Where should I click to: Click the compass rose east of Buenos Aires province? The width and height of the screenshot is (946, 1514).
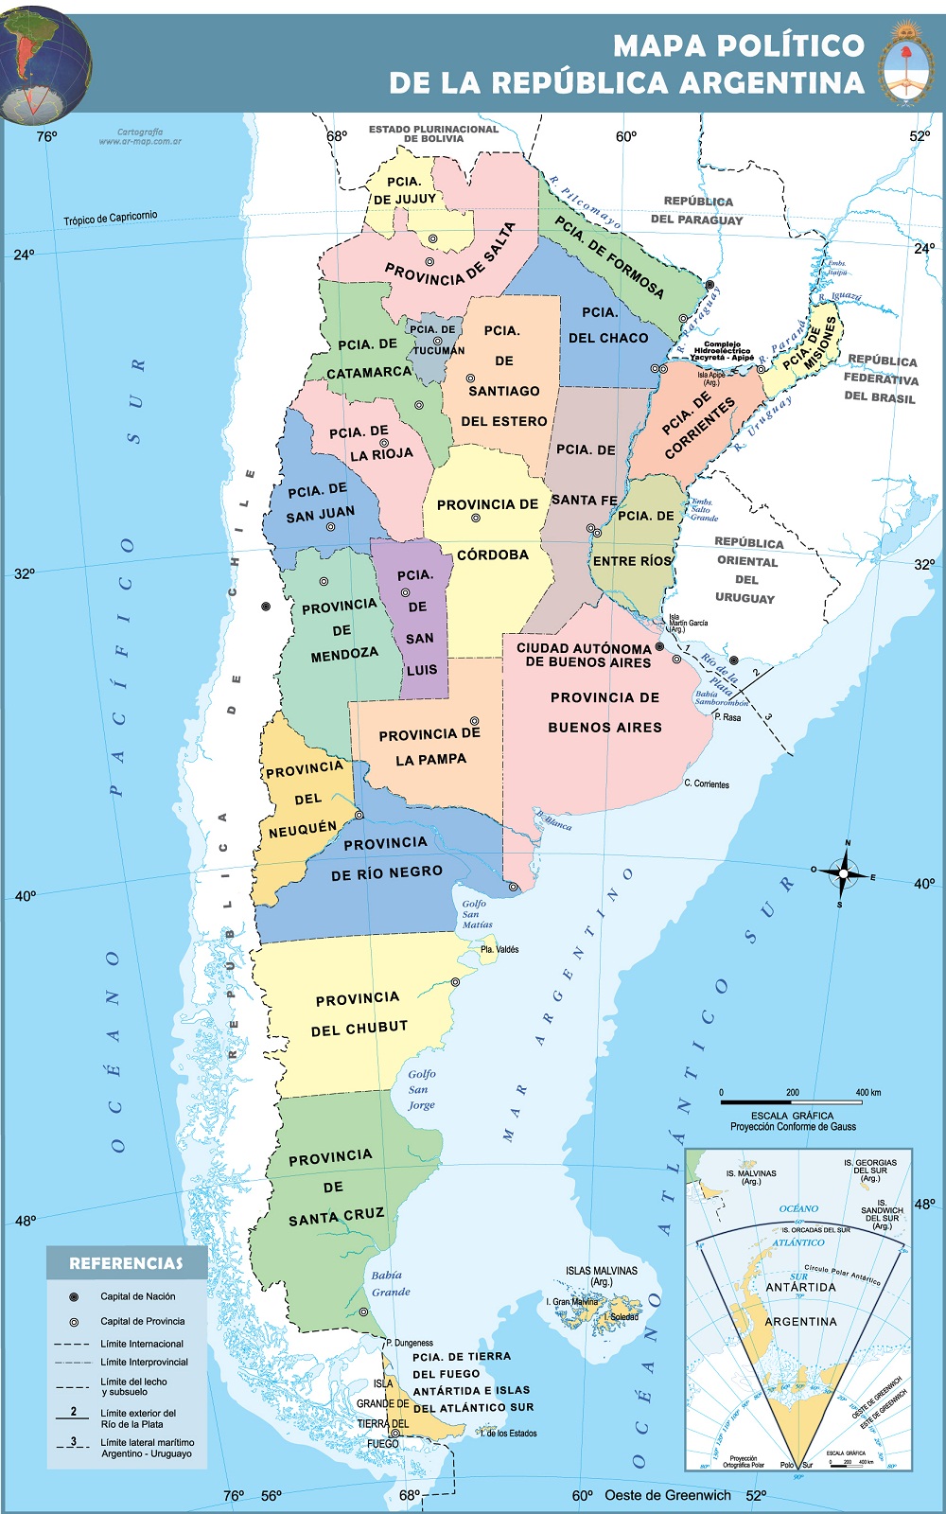coord(845,873)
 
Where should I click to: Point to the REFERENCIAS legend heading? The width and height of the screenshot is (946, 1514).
coord(126,1263)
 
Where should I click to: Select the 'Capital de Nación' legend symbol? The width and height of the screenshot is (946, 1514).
coord(73,1296)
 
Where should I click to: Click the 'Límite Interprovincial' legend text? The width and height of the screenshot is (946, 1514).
coord(144,1363)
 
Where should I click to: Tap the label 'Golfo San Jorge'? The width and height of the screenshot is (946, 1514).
coord(422,1089)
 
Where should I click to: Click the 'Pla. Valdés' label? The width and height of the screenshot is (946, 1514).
coord(499,949)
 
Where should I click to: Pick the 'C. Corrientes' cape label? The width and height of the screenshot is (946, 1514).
coord(707,784)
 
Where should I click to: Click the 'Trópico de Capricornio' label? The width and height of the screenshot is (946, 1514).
coord(111,218)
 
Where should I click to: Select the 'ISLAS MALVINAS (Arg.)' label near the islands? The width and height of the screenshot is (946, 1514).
coord(602,1276)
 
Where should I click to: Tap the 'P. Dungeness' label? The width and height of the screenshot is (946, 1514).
coord(410,1343)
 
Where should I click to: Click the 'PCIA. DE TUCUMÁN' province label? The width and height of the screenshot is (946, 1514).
coord(436,340)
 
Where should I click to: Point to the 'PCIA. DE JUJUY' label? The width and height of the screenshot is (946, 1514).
coord(404,190)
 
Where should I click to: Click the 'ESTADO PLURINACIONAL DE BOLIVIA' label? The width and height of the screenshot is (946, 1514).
coord(433,133)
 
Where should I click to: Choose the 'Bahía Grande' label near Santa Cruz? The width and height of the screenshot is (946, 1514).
coord(390,1283)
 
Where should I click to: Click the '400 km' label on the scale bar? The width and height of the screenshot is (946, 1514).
coord(867,1093)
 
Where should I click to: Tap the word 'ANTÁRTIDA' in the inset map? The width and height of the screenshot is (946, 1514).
coord(800,1287)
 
